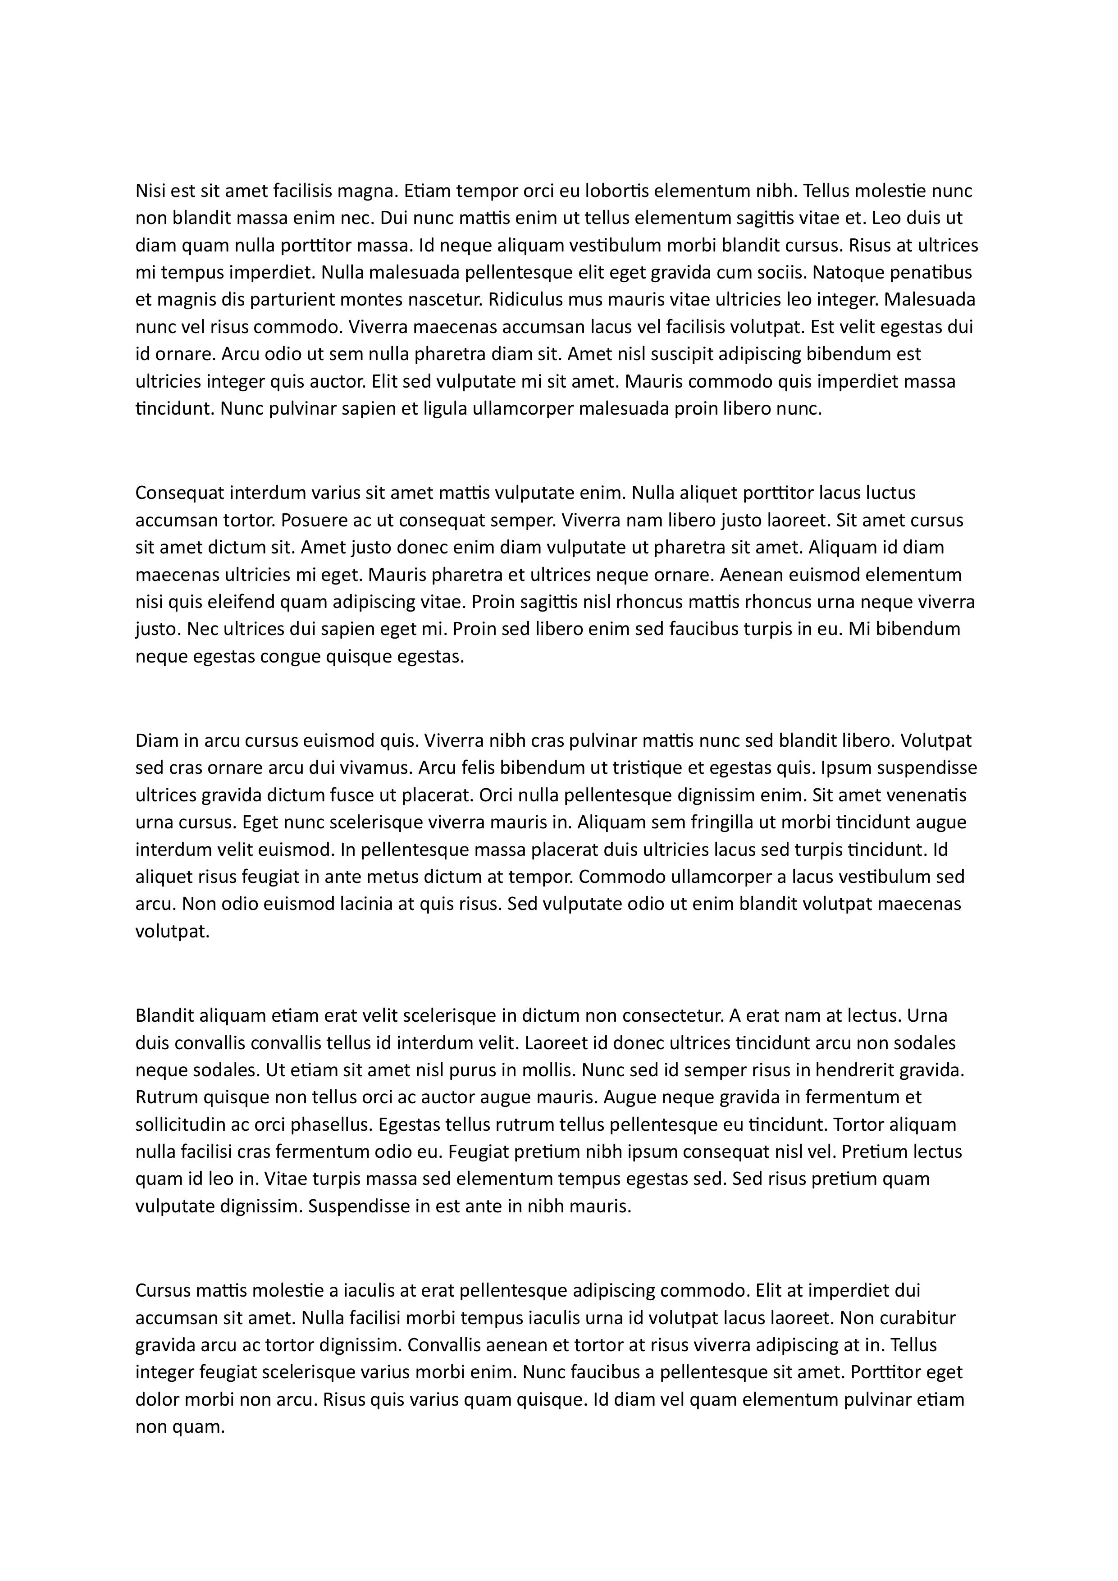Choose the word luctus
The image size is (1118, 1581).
tap(883, 493)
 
